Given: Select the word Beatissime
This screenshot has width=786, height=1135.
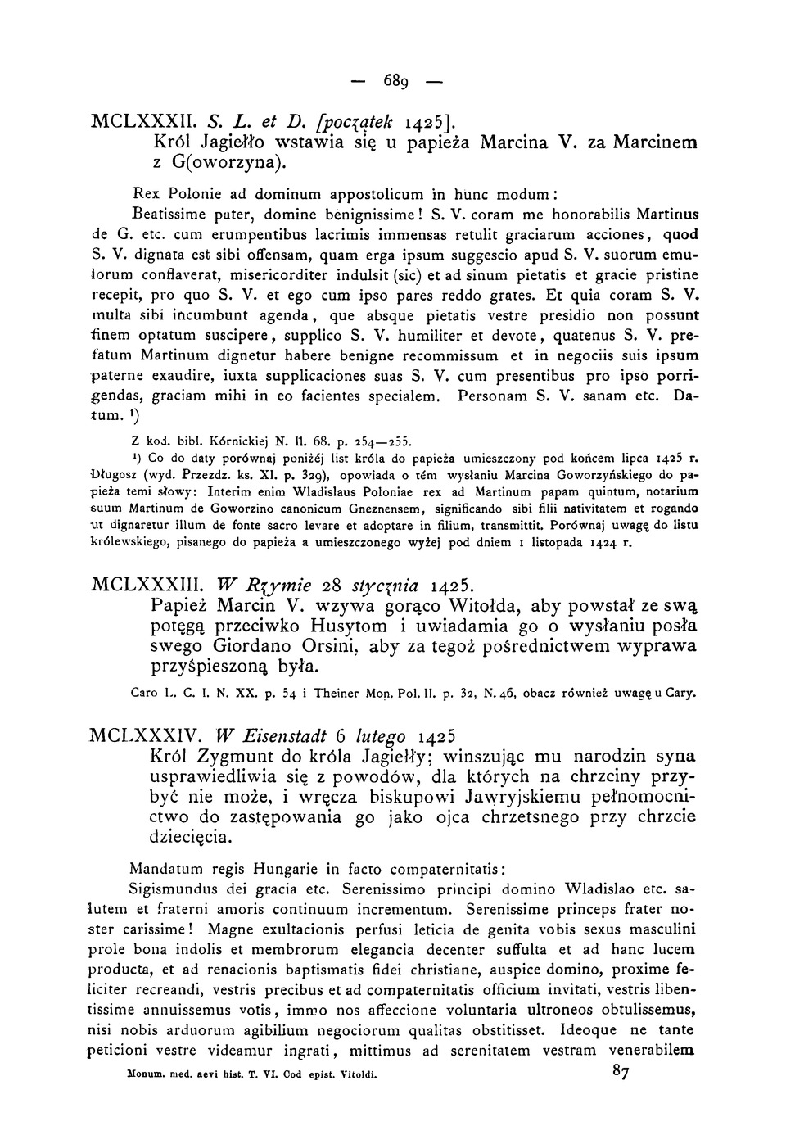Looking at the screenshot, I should click(168, 216).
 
